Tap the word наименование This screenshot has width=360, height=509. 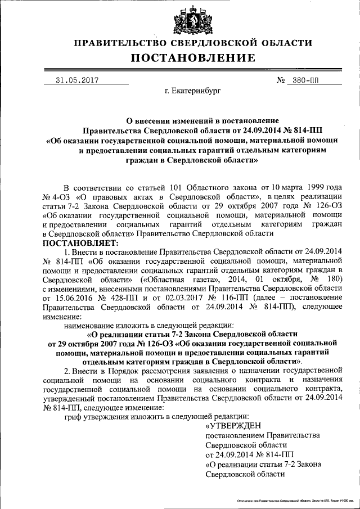91,325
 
